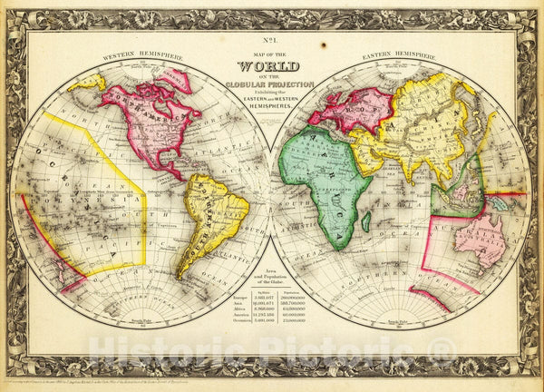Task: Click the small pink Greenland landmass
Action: [178, 80]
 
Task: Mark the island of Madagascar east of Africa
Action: [365, 220]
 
